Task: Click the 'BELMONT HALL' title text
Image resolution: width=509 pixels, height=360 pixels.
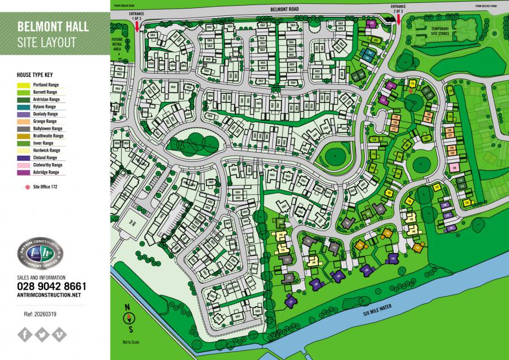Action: (52, 27)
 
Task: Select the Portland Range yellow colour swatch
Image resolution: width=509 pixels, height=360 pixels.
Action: (25, 84)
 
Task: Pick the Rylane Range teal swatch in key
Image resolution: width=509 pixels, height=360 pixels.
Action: (25, 106)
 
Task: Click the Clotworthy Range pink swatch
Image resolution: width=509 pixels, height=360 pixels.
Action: (25, 165)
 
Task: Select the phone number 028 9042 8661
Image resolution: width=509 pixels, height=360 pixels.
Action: (51, 286)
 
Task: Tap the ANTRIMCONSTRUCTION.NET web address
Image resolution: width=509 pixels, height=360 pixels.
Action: (49, 295)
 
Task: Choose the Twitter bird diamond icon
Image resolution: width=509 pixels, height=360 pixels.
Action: (42, 334)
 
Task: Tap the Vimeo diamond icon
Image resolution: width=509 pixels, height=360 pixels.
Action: (58, 334)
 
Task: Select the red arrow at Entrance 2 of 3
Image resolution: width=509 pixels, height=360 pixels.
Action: (399, 19)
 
